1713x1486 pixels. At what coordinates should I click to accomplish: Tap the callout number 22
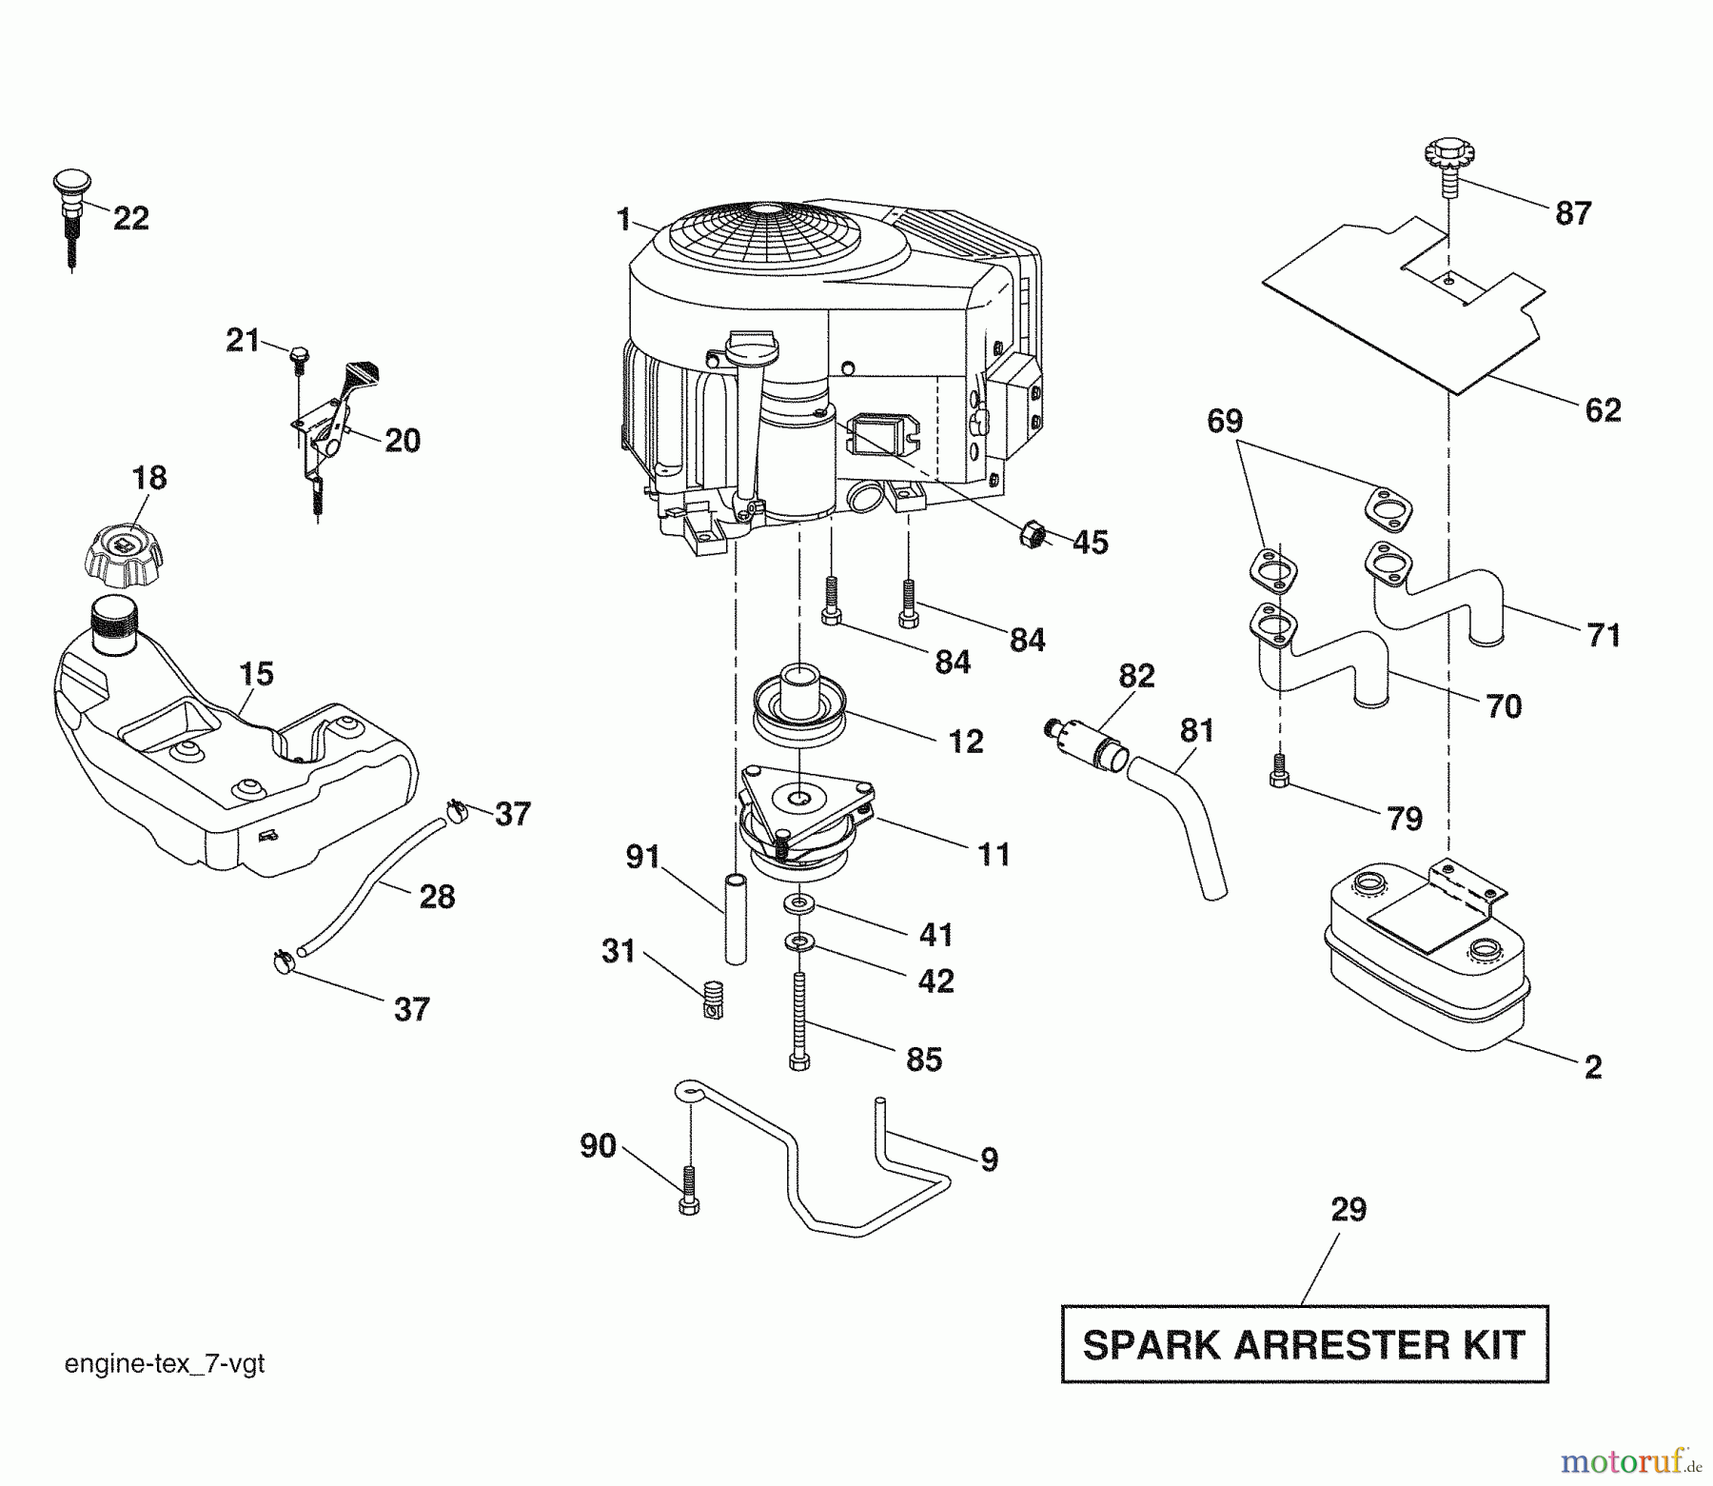pyautogui.click(x=131, y=219)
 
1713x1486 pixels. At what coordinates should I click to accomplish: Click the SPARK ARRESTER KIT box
pyautogui.click(x=1304, y=1344)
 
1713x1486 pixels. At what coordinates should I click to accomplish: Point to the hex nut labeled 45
pyautogui.click(x=1036, y=534)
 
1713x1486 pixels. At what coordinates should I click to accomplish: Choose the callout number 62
pyautogui.click(x=1603, y=410)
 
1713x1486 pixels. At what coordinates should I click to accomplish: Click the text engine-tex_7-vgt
pyautogui.click(x=165, y=1364)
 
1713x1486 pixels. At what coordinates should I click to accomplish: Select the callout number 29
pyautogui.click(x=1349, y=1210)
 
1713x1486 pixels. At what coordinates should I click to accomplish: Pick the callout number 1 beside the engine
pyautogui.click(x=623, y=221)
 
